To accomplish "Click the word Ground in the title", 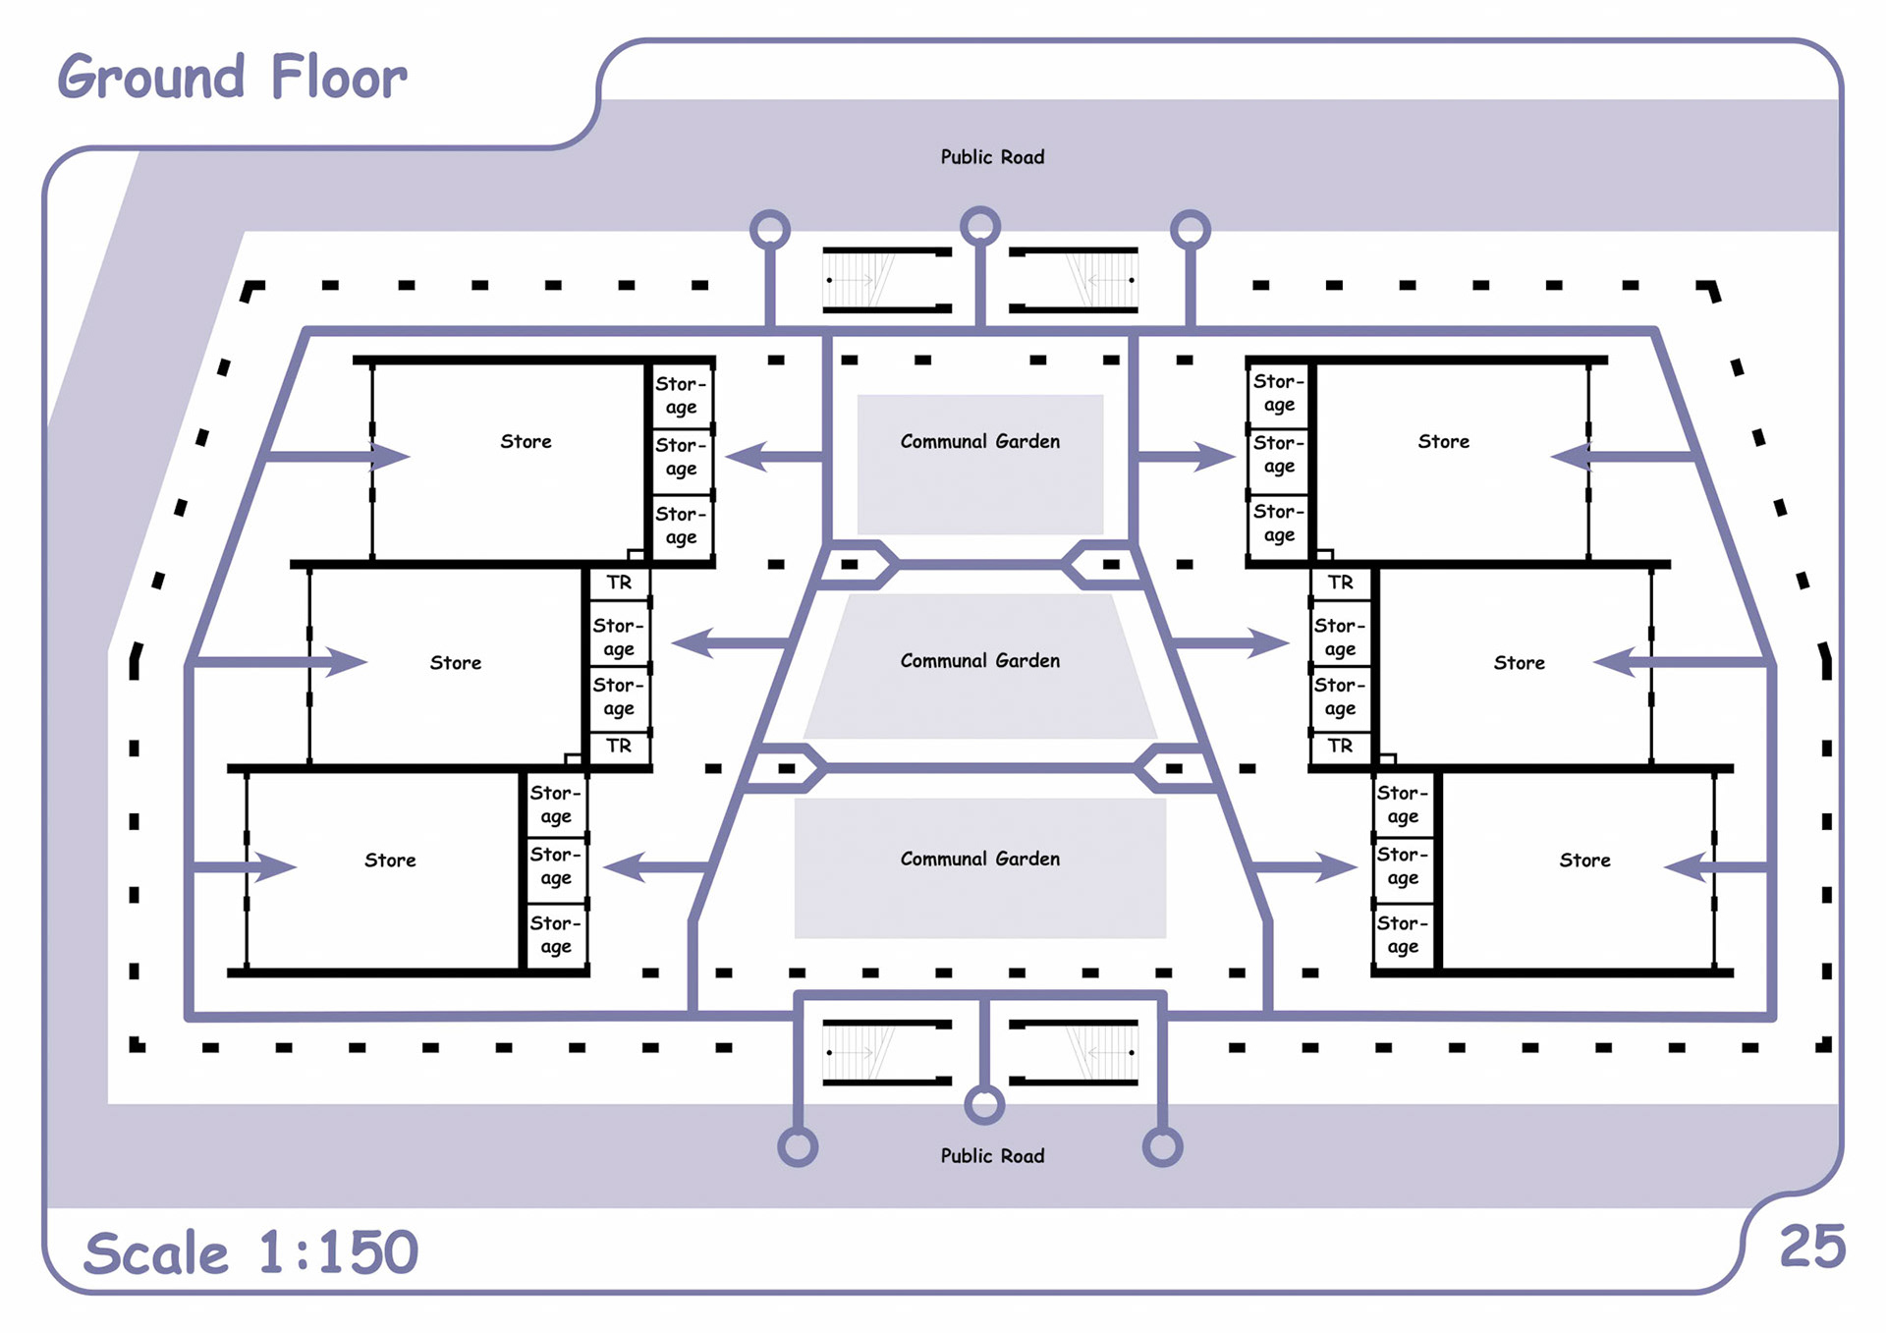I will [x=150, y=78].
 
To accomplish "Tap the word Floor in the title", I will [x=338, y=78].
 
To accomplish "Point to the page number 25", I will [x=1812, y=1248].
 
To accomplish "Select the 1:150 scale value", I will [x=339, y=1252].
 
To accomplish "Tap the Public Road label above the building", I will [x=992, y=157].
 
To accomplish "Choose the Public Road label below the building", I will [x=992, y=1156].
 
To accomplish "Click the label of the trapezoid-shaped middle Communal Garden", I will [x=980, y=661].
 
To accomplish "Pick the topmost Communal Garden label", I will [x=980, y=442].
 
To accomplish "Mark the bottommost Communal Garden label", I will [x=980, y=860].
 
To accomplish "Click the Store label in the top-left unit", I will [x=526, y=442].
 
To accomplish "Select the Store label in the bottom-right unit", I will [x=1584, y=861].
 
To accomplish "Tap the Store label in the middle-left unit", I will [x=455, y=663].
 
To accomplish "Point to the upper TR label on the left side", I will [x=619, y=583].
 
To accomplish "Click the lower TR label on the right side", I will [x=1340, y=746].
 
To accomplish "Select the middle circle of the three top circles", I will [x=980, y=226].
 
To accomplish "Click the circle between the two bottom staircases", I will [x=984, y=1104].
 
